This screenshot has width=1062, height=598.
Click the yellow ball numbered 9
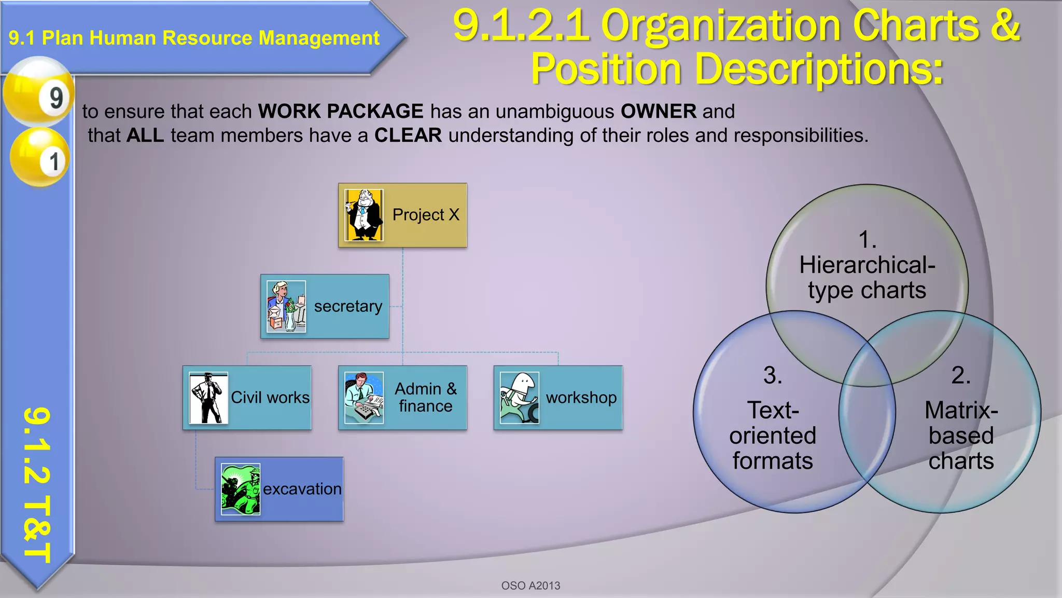[x=39, y=92]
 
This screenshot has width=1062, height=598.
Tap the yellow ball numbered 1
[x=39, y=157]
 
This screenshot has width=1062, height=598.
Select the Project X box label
[x=426, y=215]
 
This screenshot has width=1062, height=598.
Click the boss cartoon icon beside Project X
[x=364, y=215]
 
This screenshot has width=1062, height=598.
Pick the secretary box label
[x=348, y=306]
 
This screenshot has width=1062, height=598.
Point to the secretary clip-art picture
[x=286, y=306]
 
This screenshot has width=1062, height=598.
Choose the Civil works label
[x=270, y=398]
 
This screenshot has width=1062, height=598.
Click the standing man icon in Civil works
[x=208, y=398]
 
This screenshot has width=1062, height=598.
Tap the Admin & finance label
[x=426, y=398]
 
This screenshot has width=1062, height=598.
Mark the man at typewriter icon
[x=364, y=398]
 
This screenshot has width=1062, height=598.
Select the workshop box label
[x=581, y=398]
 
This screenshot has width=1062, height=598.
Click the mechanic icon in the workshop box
[x=520, y=398]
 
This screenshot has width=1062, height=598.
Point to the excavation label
[x=302, y=489]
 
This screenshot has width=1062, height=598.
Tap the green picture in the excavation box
[x=241, y=489]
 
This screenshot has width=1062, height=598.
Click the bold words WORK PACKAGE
[x=341, y=112]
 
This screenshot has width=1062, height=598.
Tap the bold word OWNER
[x=659, y=112]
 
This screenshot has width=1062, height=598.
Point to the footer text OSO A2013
[x=530, y=586]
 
